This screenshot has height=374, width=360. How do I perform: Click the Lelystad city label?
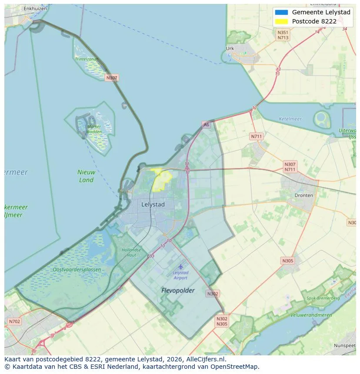(x=153, y=204)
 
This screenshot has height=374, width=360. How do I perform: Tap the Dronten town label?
(x=303, y=195)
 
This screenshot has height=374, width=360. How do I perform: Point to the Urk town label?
(x=230, y=49)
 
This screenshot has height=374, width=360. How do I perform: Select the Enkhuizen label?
(x=35, y=8)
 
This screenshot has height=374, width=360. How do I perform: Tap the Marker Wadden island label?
(x=94, y=129)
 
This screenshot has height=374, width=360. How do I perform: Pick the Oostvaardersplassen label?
(x=77, y=269)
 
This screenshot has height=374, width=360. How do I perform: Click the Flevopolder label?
(x=178, y=290)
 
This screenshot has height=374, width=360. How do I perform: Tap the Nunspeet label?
(x=345, y=345)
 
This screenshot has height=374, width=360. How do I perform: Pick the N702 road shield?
(x=14, y=321)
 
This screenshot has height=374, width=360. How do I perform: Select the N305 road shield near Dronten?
(x=287, y=261)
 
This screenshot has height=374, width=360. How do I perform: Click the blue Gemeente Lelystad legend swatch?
(x=281, y=12)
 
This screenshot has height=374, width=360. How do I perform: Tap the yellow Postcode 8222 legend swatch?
(x=281, y=21)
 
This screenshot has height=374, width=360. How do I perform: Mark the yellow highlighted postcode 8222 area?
(x=162, y=179)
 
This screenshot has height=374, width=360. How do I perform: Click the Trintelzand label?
(x=86, y=59)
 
